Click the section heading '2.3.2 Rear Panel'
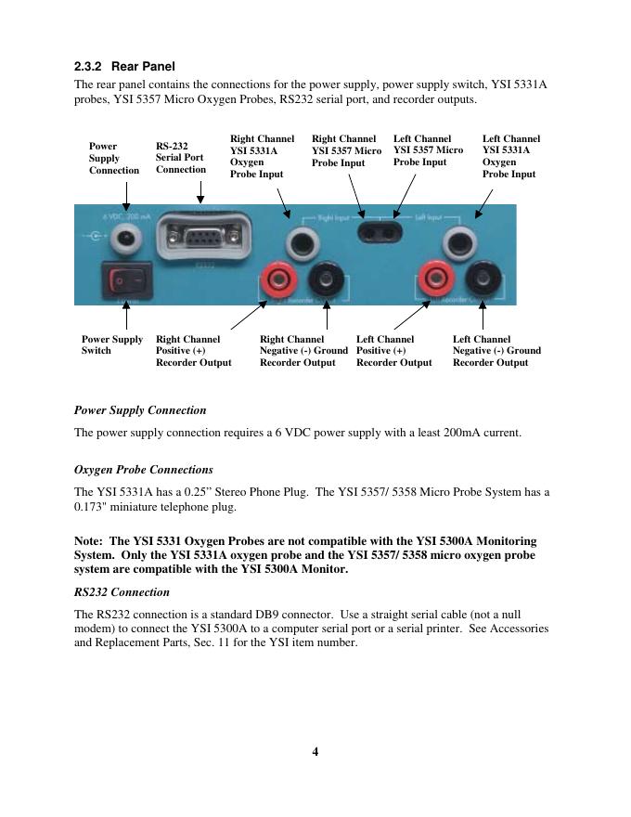124,67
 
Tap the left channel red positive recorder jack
433,278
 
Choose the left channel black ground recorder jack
481,278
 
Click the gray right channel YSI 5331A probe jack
301,243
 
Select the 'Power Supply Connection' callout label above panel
113,159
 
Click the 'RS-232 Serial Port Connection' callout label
180,158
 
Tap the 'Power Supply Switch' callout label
111,345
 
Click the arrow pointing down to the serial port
200,192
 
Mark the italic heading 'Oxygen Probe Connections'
143,470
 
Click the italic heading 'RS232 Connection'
121,592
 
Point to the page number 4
315,752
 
